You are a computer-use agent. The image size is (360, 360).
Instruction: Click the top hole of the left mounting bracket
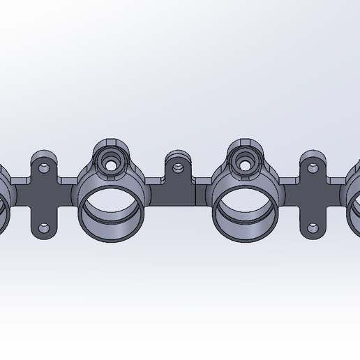point(44,168)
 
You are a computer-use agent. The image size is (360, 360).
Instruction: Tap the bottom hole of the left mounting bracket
point(44,228)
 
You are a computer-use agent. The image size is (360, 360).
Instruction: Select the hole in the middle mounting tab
point(179,167)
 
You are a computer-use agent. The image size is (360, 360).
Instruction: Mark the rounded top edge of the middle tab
point(177,153)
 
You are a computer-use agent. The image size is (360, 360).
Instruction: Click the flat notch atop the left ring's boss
point(111,142)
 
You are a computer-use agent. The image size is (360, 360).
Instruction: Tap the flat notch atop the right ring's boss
point(246,142)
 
